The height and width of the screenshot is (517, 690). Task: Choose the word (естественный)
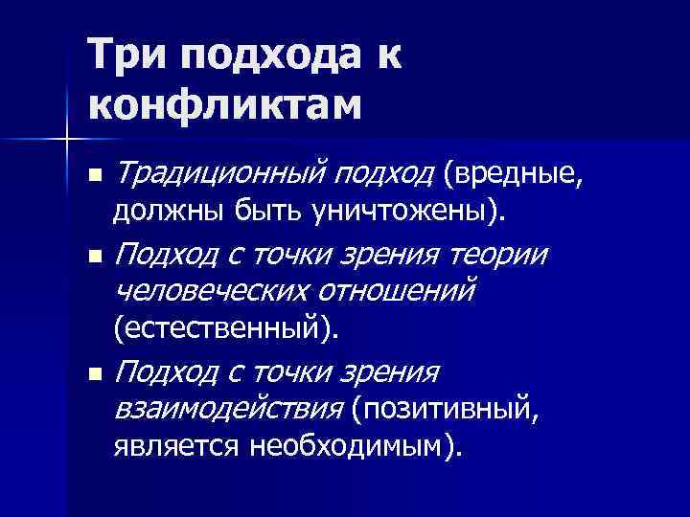(x=226, y=330)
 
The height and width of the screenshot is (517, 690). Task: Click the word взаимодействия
(x=228, y=410)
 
